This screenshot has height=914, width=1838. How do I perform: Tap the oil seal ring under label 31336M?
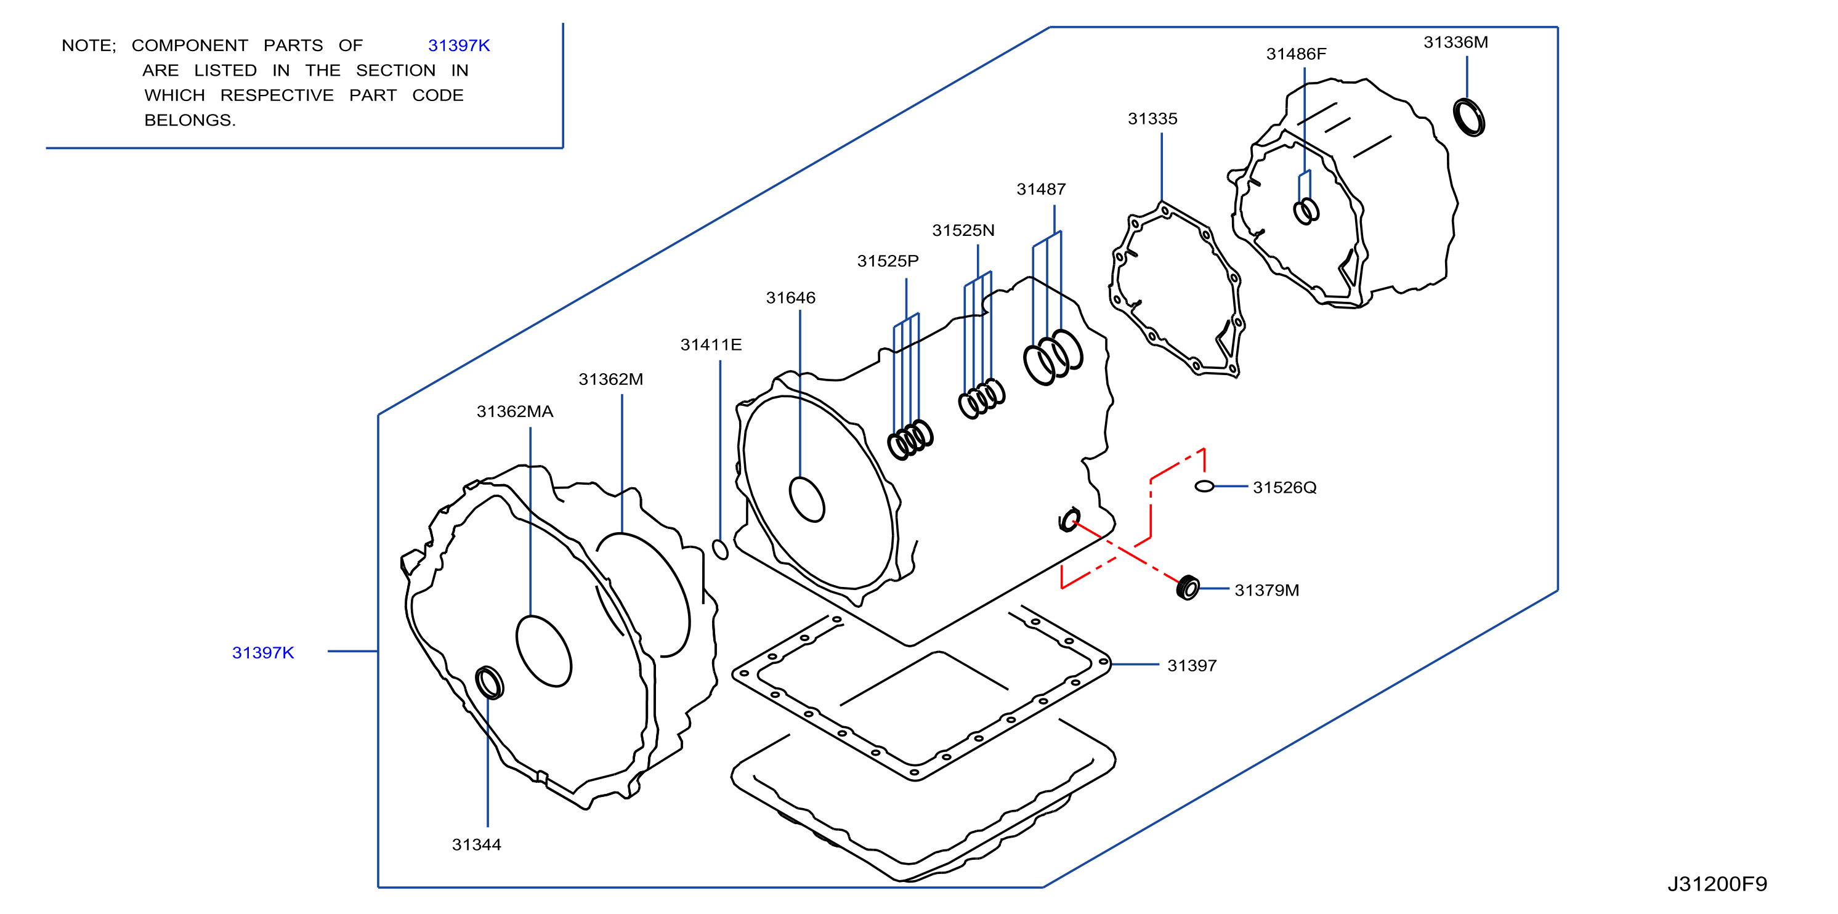pos(1468,118)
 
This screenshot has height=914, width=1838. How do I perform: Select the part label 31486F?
pos(1296,54)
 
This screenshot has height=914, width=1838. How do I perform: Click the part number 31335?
pos(1152,119)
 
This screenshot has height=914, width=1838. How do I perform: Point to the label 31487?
pos(1041,190)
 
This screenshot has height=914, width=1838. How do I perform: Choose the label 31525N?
pos(963,230)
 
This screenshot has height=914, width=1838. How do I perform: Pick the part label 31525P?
pos(888,261)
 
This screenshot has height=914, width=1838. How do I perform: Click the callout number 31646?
pos(790,298)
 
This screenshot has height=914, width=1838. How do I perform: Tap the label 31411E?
pos(711,346)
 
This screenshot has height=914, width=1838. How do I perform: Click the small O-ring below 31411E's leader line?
pos(721,549)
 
